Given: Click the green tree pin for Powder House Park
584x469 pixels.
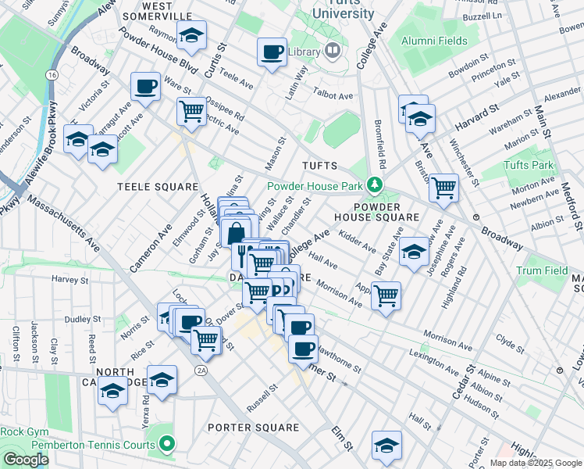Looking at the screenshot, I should pyautogui.click(x=376, y=185).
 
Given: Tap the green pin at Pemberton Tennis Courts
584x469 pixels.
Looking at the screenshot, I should pyautogui.click(x=166, y=444).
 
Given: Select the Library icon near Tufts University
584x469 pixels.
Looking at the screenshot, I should pyautogui.click(x=332, y=52).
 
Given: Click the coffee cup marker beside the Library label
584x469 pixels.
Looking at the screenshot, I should pyautogui.click(x=272, y=52).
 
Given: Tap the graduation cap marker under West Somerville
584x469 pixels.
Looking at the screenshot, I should pyautogui.click(x=191, y=35).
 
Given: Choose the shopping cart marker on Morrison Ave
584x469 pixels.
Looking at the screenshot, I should pyautogui.click(x=386, y=295).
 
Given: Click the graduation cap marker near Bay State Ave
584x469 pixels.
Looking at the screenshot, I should pyautogui.click(x=414, y=252).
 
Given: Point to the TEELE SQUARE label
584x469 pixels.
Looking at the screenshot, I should pyautogui.click(x=158, y=187).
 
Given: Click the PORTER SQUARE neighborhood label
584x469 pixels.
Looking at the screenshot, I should pyautogui.click(x=254, y=428).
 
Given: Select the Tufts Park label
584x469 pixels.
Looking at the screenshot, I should pyautogui.click(x=529, y=165).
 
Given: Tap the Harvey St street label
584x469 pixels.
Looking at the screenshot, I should pyautogui.click(x=66, y=278).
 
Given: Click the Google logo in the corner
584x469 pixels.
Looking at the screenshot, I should pyautogui.click(x=26, y=460).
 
